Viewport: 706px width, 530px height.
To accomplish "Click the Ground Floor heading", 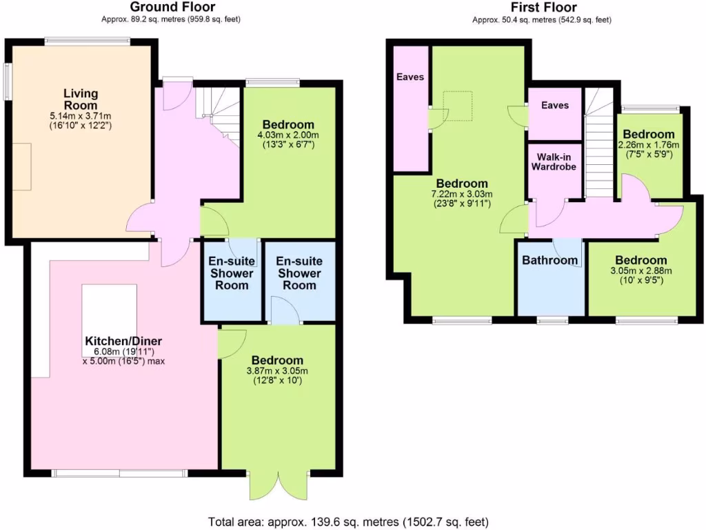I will coord(172,8).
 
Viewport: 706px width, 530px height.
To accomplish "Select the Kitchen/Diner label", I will coord(123,341).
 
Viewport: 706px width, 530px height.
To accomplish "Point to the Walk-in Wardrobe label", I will coord(553,161).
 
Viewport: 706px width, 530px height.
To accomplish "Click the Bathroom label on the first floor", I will coord(549,260).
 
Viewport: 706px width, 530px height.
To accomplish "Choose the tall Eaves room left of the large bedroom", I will coord(410,110).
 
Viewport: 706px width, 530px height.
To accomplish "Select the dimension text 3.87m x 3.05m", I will coord(277,371).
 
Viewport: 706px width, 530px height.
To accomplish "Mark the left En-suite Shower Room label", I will coord(232,273).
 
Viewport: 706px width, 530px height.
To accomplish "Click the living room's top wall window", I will coord(88,42).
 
